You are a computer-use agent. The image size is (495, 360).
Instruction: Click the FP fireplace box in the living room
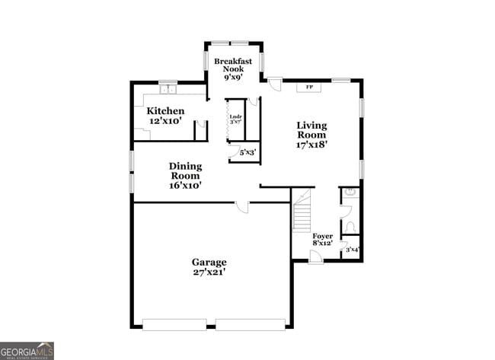[x=308, y=88]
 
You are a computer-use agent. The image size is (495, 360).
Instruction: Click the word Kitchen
[x=165, y=111]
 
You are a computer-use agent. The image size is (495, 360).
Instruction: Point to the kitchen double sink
[x=168, y=90]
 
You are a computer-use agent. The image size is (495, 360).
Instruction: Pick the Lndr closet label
[x=235, y=116]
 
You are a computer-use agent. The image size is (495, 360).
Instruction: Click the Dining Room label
[x=185, y=170]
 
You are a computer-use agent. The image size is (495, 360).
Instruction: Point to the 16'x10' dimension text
[x=185, y=184]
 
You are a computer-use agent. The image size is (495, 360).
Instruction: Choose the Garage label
[x=209, y=263]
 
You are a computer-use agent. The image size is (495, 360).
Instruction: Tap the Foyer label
[x=323, y=236]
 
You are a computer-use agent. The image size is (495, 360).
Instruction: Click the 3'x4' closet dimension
[x=352, y=249]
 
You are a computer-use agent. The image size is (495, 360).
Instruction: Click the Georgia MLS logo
[x=27, y=351]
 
